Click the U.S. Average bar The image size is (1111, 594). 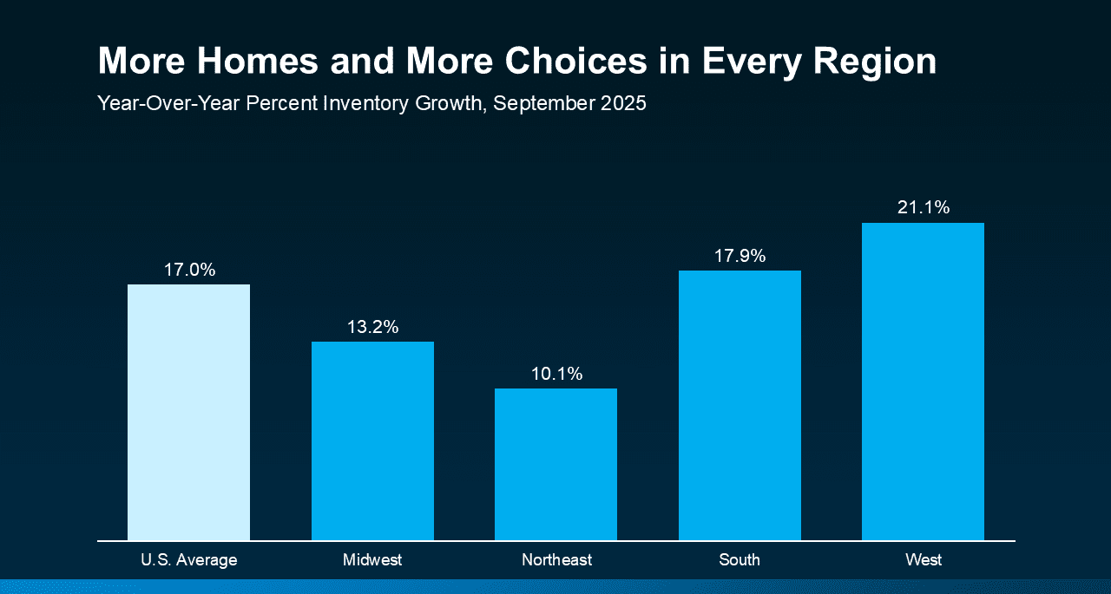188,412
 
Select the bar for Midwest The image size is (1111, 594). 372,441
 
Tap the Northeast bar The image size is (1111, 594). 555,464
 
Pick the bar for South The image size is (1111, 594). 740,405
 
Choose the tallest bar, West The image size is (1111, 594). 923,382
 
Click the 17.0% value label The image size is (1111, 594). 189,270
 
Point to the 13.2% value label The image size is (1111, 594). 372,327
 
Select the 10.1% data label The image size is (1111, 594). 556,374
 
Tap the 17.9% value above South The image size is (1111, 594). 740,256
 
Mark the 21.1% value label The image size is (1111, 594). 924,207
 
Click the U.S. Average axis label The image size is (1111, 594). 188,560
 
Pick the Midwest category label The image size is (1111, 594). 372,560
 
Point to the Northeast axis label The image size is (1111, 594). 556,560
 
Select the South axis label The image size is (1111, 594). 740,560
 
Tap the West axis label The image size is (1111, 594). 924,560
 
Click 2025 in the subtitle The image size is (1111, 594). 620,104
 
